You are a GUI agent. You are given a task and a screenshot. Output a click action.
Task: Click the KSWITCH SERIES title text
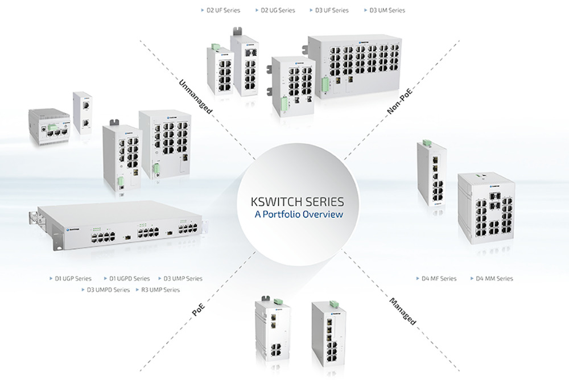297,201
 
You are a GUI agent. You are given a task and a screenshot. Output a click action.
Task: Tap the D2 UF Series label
222,10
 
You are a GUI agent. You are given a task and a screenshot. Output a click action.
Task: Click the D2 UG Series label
278,10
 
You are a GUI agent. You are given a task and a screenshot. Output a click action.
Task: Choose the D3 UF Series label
332,10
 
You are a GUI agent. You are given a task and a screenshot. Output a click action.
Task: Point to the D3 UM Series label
387,10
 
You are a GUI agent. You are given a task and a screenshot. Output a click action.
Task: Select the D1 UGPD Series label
129,279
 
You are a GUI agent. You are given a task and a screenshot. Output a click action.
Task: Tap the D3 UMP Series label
183,279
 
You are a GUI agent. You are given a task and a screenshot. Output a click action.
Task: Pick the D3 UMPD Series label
108,290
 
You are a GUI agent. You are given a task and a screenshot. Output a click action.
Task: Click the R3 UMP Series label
160,290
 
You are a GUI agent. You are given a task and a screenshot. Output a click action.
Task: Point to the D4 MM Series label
494,279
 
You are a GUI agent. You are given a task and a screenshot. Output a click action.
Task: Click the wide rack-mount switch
119,228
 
